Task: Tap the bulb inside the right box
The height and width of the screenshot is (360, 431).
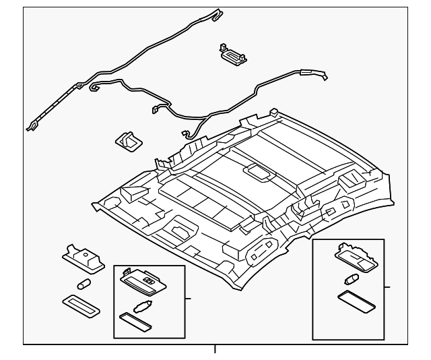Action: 351,278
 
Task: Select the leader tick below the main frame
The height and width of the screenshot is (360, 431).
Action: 215,349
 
